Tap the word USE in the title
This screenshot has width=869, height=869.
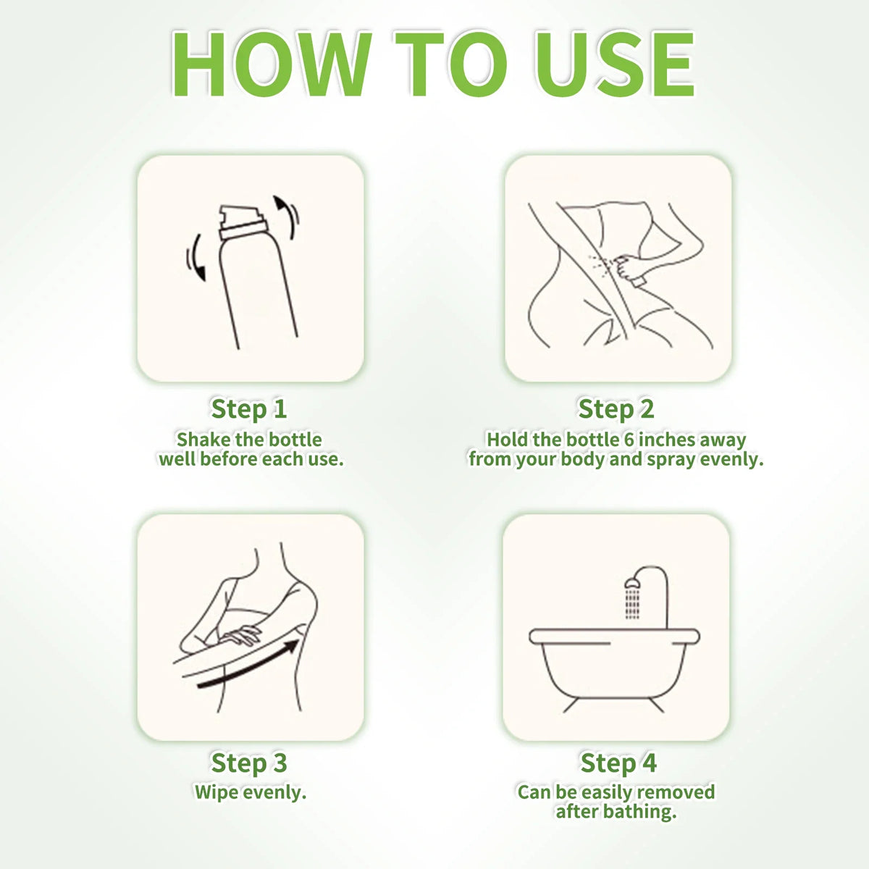coord(614,64)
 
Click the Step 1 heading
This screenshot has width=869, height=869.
coord(249,408)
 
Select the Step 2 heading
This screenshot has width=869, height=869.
coord(616,408)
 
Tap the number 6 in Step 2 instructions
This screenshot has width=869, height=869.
coord(629,440)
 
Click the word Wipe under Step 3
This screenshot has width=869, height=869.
coord(214,792)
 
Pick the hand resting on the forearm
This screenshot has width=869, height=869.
coord(240,637)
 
